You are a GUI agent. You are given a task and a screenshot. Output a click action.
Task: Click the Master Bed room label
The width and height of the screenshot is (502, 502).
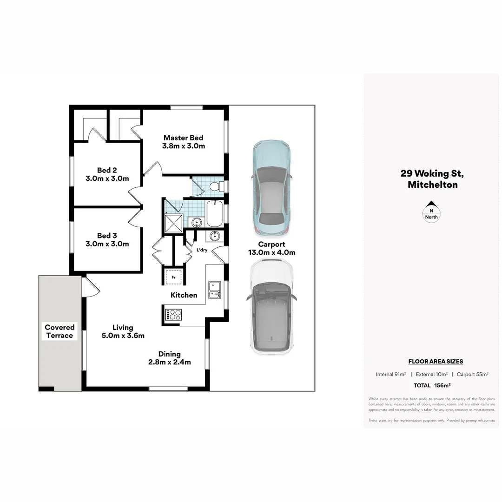(183, 142)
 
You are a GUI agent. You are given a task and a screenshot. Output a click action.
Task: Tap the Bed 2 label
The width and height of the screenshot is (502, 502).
(107, 174)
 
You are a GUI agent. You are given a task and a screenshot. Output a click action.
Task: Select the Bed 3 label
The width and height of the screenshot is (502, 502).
(107, 239)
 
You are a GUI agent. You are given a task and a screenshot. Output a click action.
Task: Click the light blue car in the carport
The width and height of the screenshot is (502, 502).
(271, 188)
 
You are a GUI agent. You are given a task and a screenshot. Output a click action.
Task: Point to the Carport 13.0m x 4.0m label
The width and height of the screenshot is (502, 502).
(271, 249)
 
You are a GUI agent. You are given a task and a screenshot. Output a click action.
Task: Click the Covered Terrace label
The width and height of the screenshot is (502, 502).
(59, 331)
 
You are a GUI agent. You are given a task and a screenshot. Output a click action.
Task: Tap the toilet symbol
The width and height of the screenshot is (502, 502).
(216, 186)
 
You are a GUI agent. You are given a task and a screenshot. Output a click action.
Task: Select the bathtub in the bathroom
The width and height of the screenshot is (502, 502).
(215, 213)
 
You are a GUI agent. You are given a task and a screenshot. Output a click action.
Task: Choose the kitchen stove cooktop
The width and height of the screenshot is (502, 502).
(172, 314)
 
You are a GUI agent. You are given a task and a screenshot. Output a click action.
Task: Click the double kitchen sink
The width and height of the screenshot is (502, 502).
(214, 289)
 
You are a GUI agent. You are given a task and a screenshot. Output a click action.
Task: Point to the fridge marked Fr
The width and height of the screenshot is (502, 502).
(173, 277)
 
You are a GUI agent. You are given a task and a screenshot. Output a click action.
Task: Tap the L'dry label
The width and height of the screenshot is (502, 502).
(202, 250)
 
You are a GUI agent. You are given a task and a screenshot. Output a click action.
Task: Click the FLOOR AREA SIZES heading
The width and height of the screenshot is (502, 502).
(436, 361)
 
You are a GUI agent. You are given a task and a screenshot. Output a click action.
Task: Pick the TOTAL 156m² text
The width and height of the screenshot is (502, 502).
(432, 385)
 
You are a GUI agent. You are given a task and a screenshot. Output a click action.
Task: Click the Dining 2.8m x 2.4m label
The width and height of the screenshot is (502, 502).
(169, 358)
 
